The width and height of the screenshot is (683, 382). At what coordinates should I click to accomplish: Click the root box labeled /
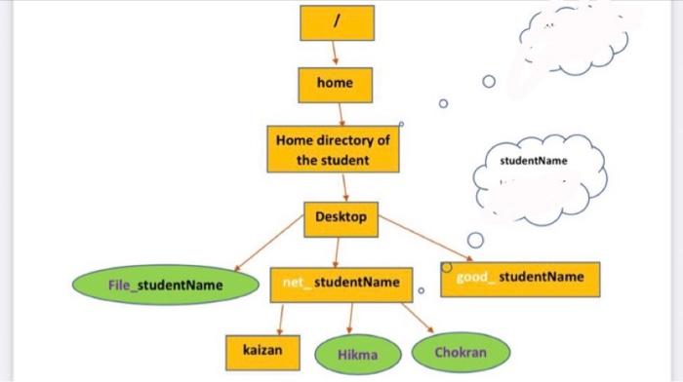click(x=335, y=22)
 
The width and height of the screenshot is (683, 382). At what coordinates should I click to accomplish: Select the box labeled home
click(x=335, y=84)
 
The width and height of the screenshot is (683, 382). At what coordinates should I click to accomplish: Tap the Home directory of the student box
click(x=333, y=149)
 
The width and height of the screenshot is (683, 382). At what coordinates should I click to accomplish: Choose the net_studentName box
click(x=341, y=283)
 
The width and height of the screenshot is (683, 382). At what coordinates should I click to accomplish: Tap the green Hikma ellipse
click(x=356, y=355)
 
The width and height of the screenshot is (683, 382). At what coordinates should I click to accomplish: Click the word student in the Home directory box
click(x=345, y=159)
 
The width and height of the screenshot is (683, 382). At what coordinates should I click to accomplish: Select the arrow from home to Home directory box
click(x=339, y=113)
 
